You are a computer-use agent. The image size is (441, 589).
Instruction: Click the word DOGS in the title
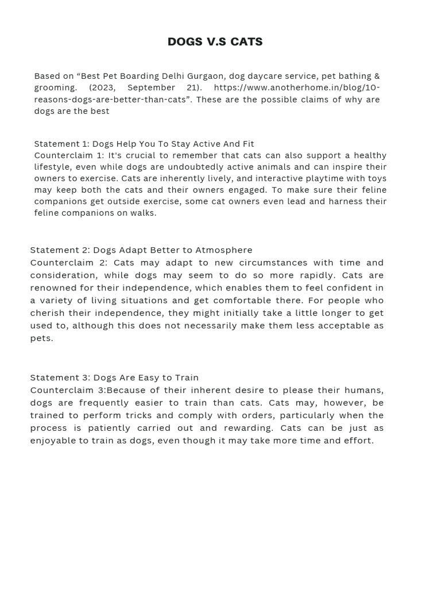pyautogui.click(x=185, y=42)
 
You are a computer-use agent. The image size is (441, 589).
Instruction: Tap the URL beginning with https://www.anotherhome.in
pyautogui.click(x=296, y=87)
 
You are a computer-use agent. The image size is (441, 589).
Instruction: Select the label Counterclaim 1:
pyautogui.click(x=69, y=155)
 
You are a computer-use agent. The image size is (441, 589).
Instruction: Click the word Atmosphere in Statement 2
pyautogui.click(x=224, y=250)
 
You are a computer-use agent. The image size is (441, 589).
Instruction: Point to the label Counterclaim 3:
pyautogui.click(x=68, y=390)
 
